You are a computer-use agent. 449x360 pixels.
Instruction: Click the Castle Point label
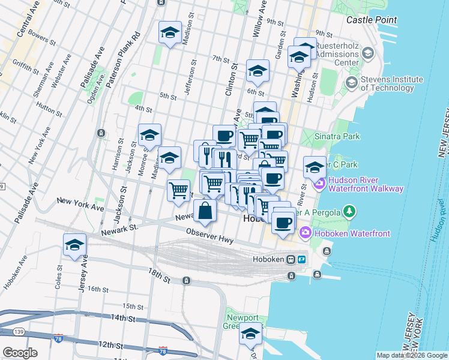[x=372, y=20]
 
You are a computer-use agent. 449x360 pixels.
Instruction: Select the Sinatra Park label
[x=340, y=136]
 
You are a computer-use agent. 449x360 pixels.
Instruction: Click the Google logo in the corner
[x=19, y=352]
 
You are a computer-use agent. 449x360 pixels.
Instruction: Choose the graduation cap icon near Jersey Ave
[x=75, y=245]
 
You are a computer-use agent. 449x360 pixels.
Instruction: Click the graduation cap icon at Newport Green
[x=251, y=334]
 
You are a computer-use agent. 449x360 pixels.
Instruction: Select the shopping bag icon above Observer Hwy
[x=205, y=211]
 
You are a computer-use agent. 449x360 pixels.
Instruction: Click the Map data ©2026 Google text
[x=412, y=355]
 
